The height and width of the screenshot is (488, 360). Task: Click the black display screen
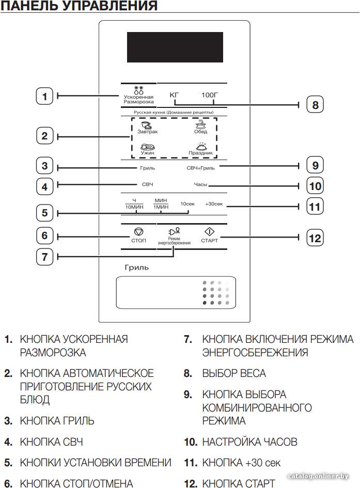(x=175, y=47)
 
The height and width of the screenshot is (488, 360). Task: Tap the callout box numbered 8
(x=315, y=104)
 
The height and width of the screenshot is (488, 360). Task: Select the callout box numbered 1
(x=44, y=96)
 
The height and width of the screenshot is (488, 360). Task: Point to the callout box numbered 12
(x=315, y=238)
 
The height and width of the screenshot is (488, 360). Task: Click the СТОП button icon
(x=138, y=232)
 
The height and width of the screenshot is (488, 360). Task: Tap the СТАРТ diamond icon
(x=209, y=231)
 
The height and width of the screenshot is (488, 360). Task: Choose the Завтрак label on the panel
(x=148, y=132)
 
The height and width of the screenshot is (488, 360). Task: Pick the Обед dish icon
(x=200, y=124)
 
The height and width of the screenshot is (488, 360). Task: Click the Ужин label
(x=147, y=153)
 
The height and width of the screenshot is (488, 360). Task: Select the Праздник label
(x=201, y=153)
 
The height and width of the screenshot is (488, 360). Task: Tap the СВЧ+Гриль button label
(x=201, y=168)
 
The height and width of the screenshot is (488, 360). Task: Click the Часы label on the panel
(x=201, y=184)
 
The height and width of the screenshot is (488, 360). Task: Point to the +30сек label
(x=214, y=204)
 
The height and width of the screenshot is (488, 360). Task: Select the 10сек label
(x=187, y=204)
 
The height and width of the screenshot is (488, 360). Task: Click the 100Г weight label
(x=209, y=95)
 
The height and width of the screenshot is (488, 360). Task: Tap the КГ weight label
(x=174, y=95)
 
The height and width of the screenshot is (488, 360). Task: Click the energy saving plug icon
(x=174, y=231)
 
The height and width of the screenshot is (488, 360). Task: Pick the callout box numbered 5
(x=44, y=213)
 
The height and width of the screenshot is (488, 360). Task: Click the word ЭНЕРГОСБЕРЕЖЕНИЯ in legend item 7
(x=255, y=353)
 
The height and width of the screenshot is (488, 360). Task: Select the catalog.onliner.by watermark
(x=318, y=476)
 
